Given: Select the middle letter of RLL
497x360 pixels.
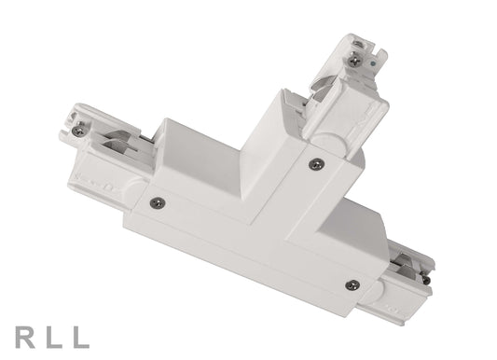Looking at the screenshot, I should (x=53, y=337).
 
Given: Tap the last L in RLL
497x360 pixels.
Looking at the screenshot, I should (x=81, y=337).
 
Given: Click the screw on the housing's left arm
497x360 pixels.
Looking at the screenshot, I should (x=157, y=202).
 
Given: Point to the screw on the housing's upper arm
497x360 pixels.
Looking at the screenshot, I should (x=316, y=163).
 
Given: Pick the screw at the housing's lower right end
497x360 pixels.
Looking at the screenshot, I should (x=351, y=284).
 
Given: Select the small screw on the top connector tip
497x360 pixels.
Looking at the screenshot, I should (x=355, y=59).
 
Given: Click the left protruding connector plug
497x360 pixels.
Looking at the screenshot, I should (x=103, y=149).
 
